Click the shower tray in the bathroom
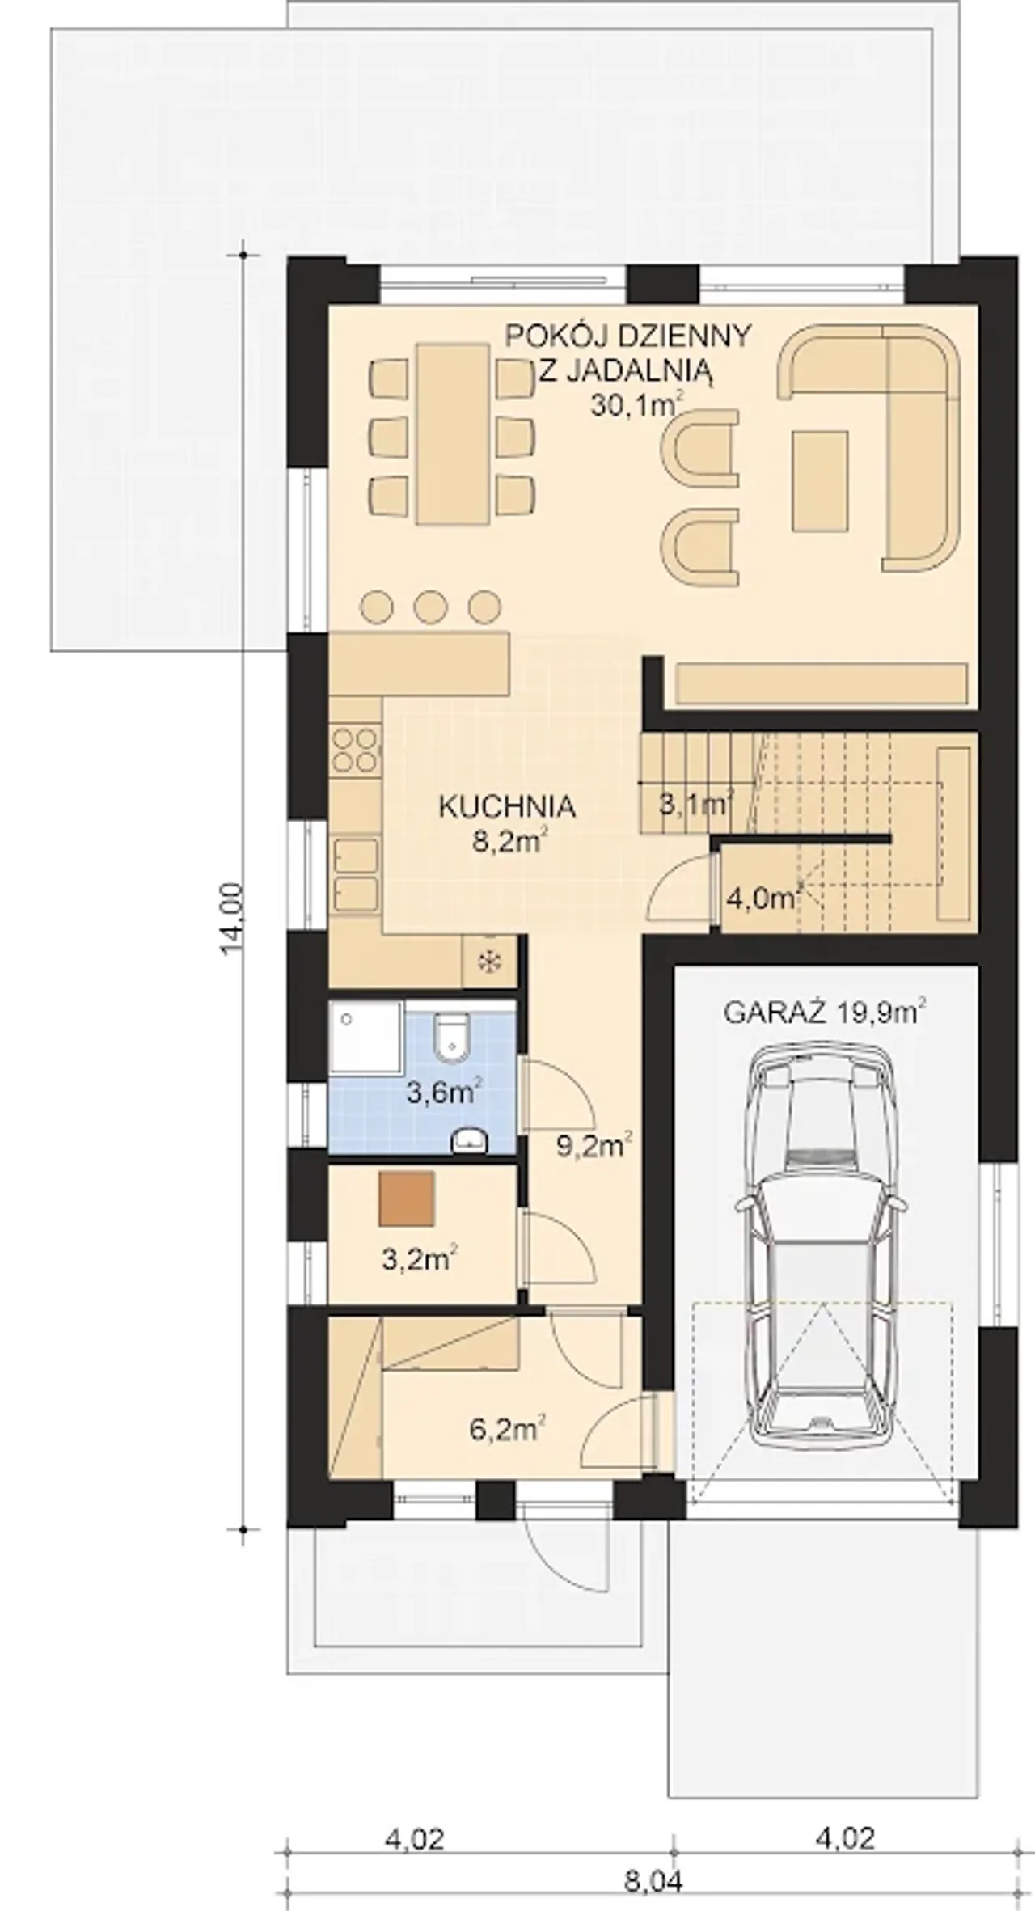(365, 1039)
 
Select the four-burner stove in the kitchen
(355, 750)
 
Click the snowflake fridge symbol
(488, 962)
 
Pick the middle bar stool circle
(430, 607)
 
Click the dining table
(453, 433)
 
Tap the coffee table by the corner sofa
(820, 480)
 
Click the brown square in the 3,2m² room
(407, 1198)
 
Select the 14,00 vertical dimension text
(232, 919)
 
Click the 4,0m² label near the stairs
(764, 898)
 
